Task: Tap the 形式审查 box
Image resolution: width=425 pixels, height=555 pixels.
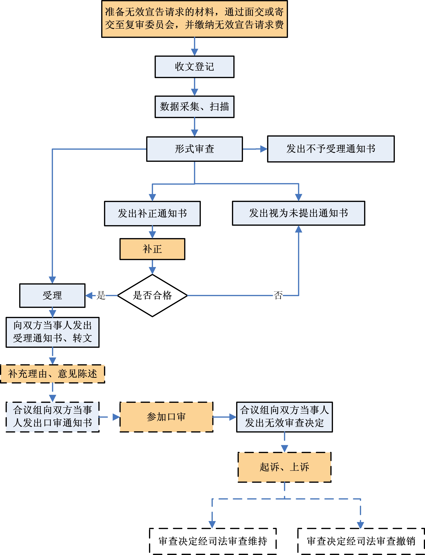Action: (194, 149)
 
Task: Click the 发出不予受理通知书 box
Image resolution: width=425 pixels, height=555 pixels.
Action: (331, 149)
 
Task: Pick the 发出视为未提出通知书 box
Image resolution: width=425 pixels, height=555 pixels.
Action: (299, 213)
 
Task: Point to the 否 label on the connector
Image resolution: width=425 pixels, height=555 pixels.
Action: (278, 295)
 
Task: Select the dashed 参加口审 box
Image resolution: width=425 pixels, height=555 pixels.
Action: (166, 417)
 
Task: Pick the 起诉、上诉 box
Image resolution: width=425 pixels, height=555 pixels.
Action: (284, 467)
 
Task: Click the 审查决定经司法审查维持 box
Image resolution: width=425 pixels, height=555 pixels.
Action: (213, 541)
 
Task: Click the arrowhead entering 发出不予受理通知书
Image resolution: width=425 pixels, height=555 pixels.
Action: (264, 149)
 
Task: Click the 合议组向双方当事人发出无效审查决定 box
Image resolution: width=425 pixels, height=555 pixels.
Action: (284, 417)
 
